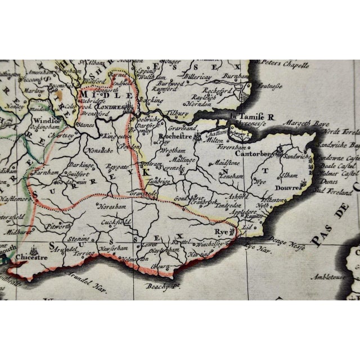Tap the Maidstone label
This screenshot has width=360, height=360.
click(224, 162)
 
